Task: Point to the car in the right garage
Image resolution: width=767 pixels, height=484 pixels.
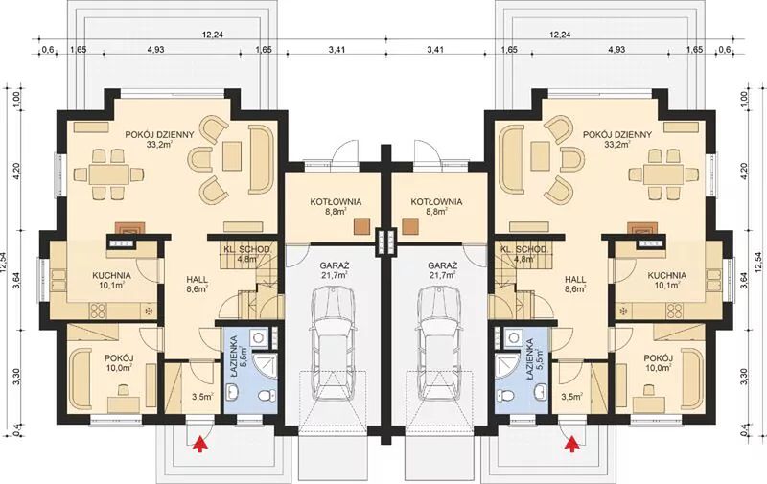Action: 439,340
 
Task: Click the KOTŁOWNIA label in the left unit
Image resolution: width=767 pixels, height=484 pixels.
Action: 336,201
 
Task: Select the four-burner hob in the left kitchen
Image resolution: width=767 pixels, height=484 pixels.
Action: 99,310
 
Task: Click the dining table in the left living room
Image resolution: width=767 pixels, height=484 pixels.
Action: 108,174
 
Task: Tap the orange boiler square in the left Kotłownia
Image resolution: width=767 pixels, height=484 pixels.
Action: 361,225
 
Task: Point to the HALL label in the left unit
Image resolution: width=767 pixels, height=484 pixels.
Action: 197,280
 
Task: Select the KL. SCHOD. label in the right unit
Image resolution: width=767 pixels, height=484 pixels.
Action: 524,249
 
